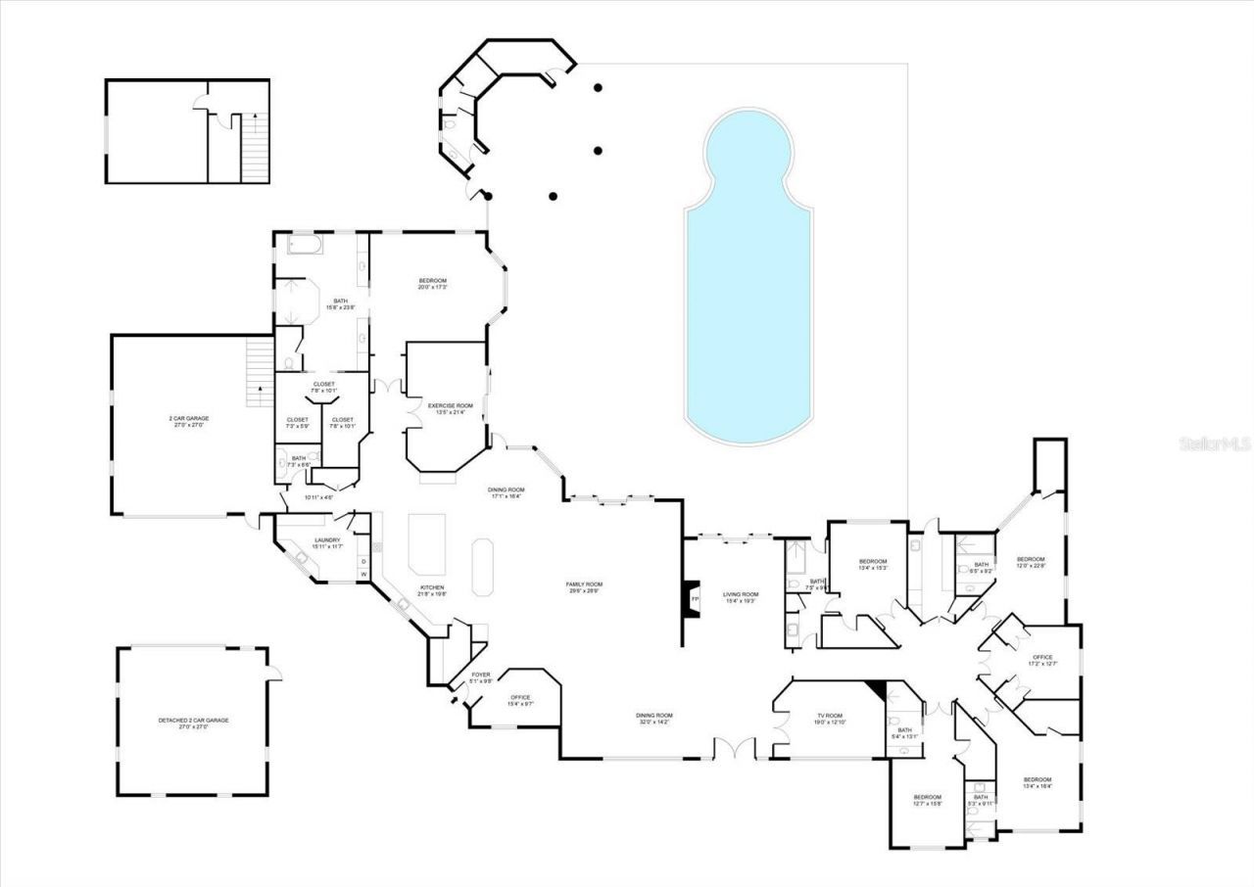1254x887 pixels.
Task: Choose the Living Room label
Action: tap(741, 598)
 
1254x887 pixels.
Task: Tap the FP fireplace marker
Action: tap(695, 598)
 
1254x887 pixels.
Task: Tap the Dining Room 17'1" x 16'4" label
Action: tap(507, 493)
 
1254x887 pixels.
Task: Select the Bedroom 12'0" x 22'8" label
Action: tap(1031, 563)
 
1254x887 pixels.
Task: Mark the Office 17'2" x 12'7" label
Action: tap(1041, 661)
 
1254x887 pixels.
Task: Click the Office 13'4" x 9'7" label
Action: tap(519, 701)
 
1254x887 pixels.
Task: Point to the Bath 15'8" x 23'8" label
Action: tap(341, 304)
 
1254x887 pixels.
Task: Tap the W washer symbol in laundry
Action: tap(363, 574)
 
